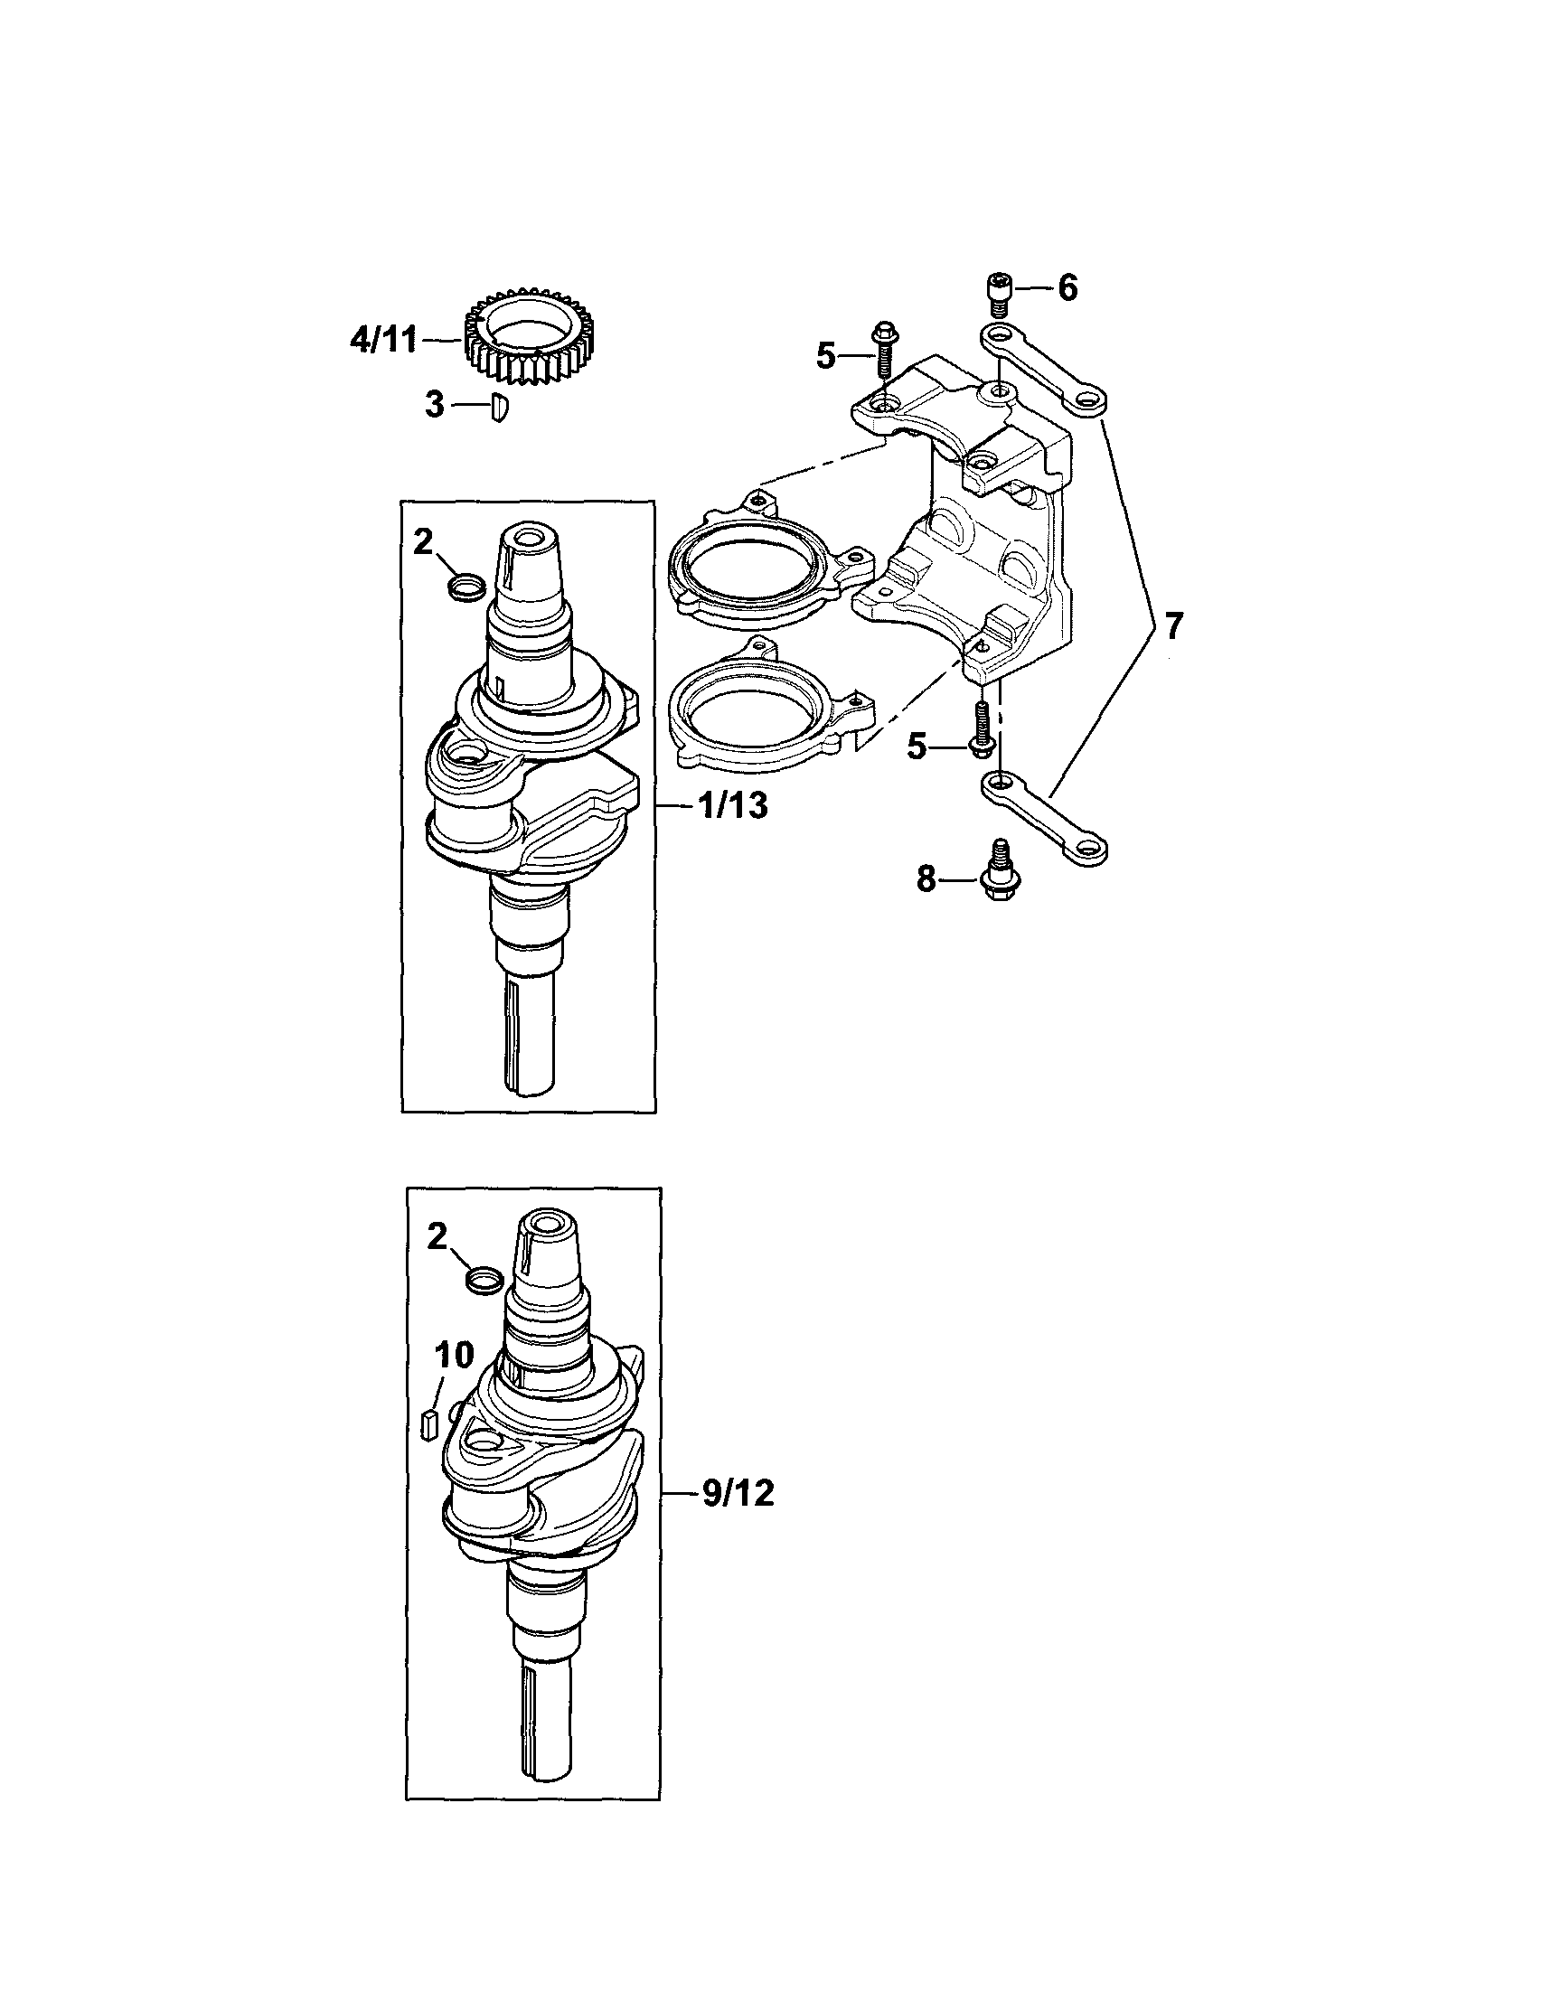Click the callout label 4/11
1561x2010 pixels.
[x=383, y=341]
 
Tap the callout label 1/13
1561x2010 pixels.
[x=733, y=806]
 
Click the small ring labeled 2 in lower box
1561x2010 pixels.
[x=484, y=1279]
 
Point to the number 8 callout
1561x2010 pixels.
[x=926, y=880]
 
